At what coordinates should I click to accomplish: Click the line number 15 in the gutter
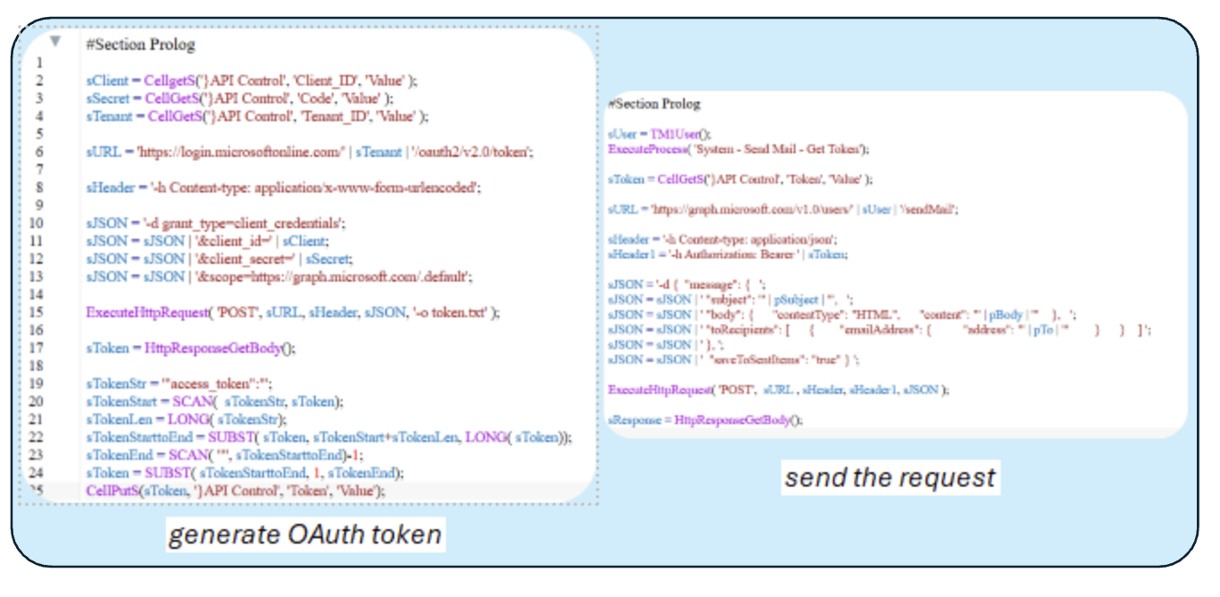tap(39, 313)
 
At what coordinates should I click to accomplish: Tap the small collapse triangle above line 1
tap(55, 41)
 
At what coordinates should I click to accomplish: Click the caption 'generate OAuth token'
tap(304, 534)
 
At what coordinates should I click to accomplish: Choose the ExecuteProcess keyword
tap(648, 149)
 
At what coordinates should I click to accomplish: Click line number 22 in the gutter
tap(39, 437)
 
